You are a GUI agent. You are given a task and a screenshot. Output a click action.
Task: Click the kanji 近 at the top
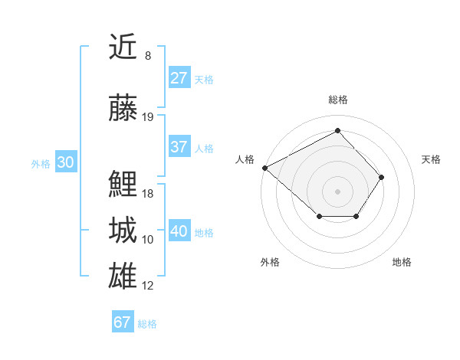[x=123, y=47]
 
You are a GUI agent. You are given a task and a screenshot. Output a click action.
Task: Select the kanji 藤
[x=123, y=108]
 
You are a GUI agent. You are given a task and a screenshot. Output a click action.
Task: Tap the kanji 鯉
[x=123, y=184]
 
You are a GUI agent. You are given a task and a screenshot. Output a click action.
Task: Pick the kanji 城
[x=123, y=230]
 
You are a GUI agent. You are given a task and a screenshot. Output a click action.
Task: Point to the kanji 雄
[x=123, y=276]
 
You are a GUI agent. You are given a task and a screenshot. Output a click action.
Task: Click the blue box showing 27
[x=179, y=78]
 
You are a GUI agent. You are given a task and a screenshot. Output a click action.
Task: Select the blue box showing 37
[x=179, y=147]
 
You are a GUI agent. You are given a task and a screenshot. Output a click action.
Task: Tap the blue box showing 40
[x=179, y=231]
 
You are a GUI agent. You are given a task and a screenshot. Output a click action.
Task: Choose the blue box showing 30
[x=65, y=162]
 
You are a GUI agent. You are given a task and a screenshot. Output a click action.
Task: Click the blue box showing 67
[x=122, y=322]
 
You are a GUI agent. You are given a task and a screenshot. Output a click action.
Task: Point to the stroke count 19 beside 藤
[x=148, y=117]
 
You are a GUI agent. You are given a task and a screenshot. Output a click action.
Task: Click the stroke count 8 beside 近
[x=148, y=56]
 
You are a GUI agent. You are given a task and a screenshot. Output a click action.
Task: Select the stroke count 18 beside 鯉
[x=148, y=193]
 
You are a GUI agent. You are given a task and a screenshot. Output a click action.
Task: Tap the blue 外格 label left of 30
[x=41, y=164]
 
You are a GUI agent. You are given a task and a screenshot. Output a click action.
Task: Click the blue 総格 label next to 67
[x=147, y=324]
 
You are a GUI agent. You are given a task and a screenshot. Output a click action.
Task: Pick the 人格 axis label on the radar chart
[x=245, y=159]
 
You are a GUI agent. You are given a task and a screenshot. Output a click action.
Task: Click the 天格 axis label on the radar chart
[x=431, y=159]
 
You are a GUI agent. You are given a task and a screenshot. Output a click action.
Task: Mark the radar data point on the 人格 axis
[x=264, y=168]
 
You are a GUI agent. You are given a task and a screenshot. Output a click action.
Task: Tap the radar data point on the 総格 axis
[x=337, y=131]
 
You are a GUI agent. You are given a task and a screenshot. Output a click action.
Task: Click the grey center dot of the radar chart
[x=337, y=191]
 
